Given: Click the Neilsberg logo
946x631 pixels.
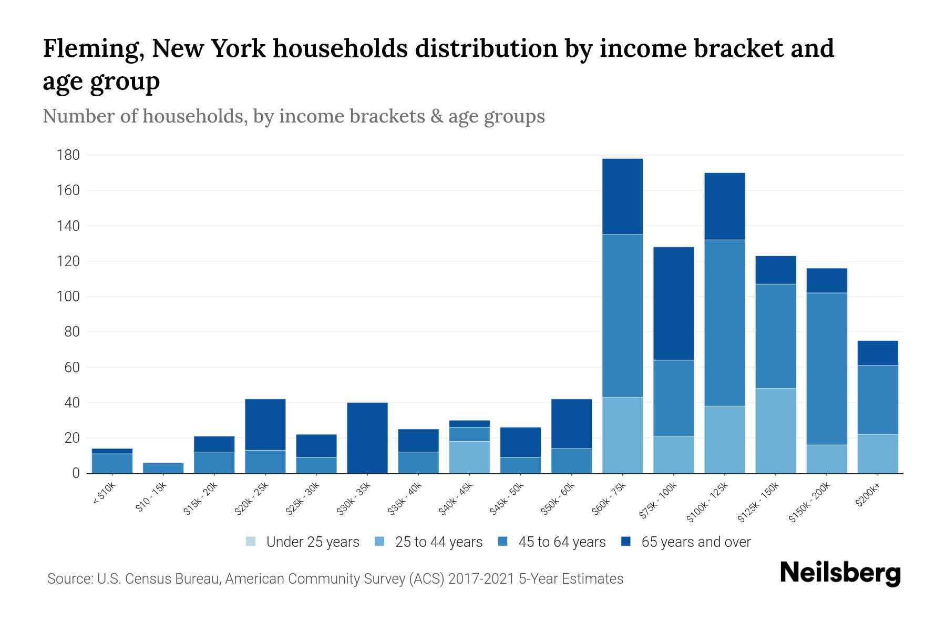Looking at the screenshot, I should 840,573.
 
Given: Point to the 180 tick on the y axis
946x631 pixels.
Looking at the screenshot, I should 68,155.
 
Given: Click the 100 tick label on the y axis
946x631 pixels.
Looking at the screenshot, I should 68,297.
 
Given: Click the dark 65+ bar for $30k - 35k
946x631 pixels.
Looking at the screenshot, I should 367,437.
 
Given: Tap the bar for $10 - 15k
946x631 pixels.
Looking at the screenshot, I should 163,468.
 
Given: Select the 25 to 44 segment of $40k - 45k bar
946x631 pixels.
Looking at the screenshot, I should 469,457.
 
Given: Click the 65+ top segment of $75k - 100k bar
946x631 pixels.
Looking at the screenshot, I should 673,303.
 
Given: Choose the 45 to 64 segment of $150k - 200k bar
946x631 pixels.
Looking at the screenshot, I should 827,368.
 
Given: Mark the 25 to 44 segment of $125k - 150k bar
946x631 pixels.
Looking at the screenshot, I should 776,431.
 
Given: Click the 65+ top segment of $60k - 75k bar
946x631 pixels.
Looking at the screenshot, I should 622,196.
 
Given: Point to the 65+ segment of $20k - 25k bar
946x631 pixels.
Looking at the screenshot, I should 265,424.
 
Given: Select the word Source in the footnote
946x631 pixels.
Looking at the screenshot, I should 68,579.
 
